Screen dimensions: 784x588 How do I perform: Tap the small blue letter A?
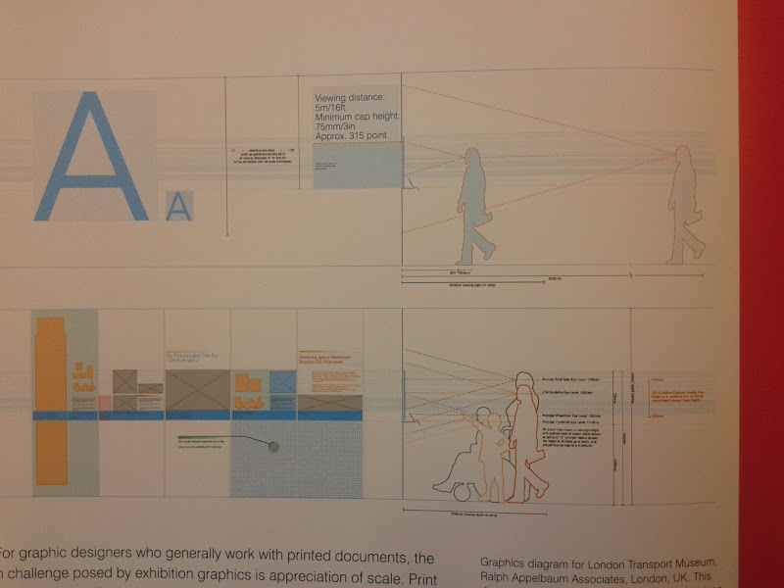(178, 206)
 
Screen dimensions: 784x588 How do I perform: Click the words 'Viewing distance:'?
(350, 99)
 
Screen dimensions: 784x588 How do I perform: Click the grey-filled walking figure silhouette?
(475, 206)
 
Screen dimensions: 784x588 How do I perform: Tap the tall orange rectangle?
(50, 402)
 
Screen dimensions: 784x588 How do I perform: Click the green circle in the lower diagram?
(274, 447)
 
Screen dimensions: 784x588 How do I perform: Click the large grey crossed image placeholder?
(196, 389)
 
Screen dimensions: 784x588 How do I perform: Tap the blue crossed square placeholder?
(282, 382)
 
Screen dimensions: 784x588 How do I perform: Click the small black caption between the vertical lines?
(263, 153)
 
